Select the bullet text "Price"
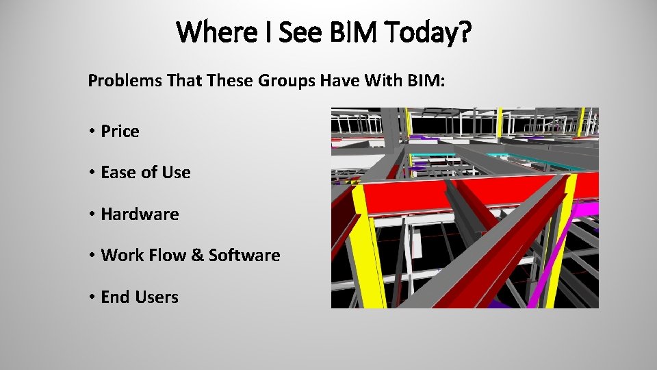pos(120,132)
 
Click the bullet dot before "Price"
pos(91,132)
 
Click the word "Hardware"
pos(140,214)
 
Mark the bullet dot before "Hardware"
pos(91,214)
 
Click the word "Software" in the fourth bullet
pos(244,256)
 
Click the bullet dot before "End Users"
pos(91,297)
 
